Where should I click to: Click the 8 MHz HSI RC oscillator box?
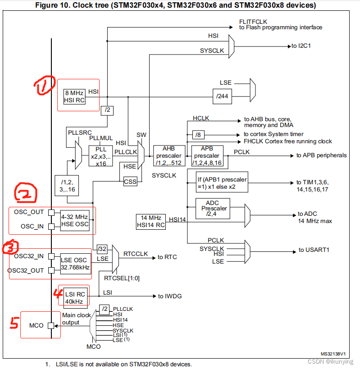click(74, 96)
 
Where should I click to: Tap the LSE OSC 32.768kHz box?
click(75, 263)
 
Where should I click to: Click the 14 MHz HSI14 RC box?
click(150, 222)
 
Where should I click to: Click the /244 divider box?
click(222, 96)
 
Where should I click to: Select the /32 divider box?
click(101, 249)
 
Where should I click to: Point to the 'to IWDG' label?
click(170, 296)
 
